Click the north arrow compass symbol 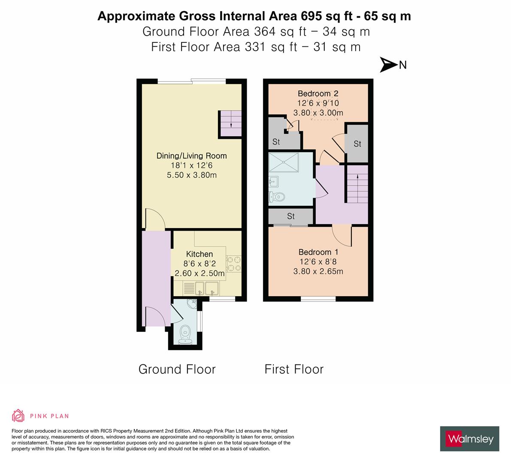pos(389,65)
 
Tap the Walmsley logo pos(469,439)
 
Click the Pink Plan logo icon pos(18,415)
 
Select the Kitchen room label pos(199,254)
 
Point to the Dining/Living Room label pos(191,156)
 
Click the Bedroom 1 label pos(318,252)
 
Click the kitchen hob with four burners pos(234,264)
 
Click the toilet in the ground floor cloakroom pos(185,331)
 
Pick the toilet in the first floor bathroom pos(277,197)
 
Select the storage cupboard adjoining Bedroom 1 pos(291,216)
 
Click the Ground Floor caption pos(177,369)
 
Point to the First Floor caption pos(294,369)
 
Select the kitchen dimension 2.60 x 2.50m pos(199,273)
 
